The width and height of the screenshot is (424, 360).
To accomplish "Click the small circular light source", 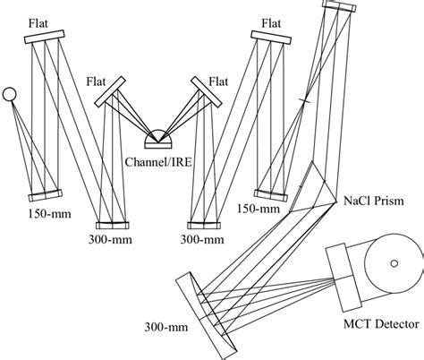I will coord(9,92).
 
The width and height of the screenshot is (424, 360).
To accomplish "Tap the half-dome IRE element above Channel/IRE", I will coord(159,139).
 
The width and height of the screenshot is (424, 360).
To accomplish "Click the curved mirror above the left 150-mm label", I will coord(44,194).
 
